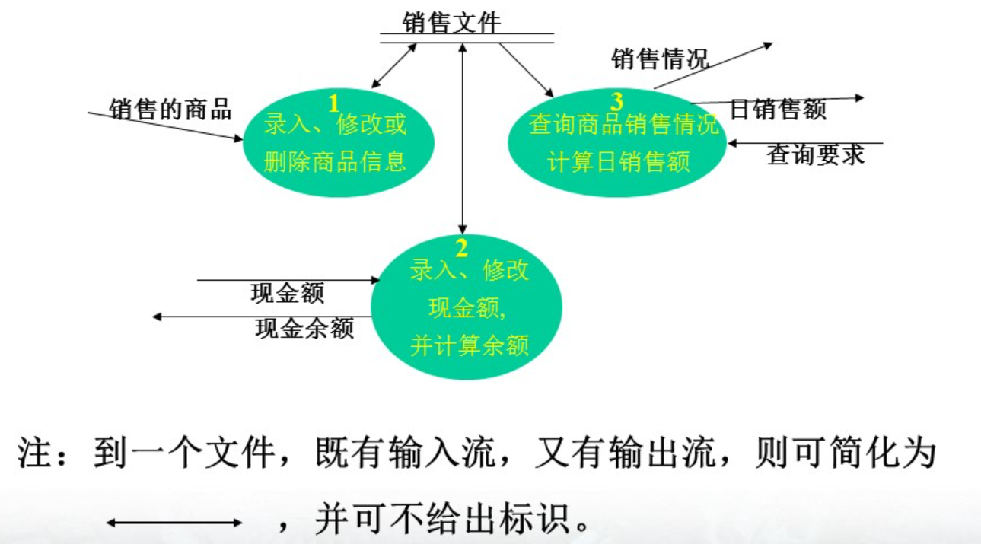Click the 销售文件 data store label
452,23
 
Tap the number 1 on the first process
333,102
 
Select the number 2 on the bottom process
461,247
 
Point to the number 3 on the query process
616,100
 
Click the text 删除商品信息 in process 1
335,161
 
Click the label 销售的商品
170,109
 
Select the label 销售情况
660,59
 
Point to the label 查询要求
815,155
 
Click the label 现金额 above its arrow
287,293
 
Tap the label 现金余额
304,329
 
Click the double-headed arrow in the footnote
174,523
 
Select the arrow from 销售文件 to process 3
526,70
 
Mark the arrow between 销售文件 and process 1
393,66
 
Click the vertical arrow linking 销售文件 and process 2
462,137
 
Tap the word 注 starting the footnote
34,454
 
